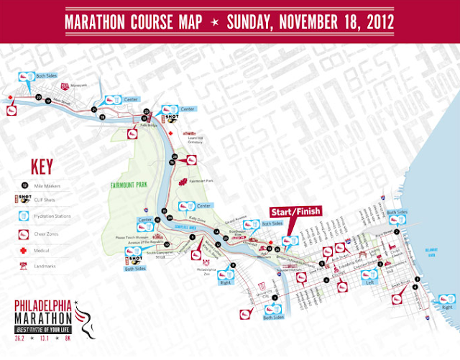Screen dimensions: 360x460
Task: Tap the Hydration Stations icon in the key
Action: tap(24, 215)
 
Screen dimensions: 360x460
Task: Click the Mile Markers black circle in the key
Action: tap(24, 185)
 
